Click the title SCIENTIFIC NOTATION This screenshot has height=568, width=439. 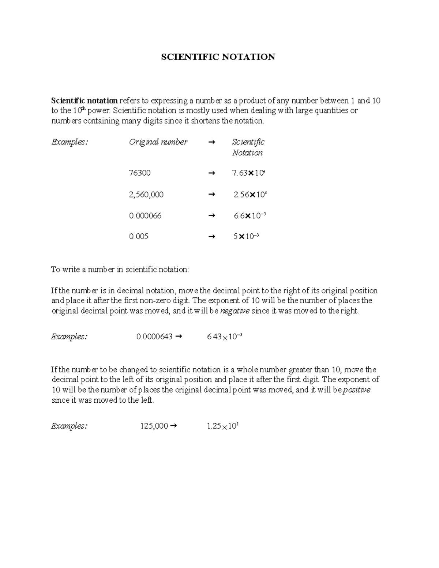[x=218, y=57]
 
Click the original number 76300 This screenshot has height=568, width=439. [x=139, y=173]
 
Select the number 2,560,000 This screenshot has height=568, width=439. [x=146, y=195]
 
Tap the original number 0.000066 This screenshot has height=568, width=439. [x=145, y=216]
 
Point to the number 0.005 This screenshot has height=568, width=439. [x=138, y=237]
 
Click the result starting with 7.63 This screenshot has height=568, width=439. [x=248, y=173]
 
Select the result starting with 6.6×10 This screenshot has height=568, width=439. [x=249, y=216]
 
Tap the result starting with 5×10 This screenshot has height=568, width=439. [x=246, y=237]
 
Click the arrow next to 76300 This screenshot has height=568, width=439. [x=211, y=173]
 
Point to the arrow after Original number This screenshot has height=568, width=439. [x=211, y=142]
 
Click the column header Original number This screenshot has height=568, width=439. [x=158, y=142]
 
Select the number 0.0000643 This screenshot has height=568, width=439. [x=154, y=337]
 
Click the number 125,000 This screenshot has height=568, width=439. [x=154, y=426]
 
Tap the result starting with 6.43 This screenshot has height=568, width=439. [x=224, y=337]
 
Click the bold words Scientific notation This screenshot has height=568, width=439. [x=84, y=101]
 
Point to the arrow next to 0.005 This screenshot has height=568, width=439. [x=211, y=237]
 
